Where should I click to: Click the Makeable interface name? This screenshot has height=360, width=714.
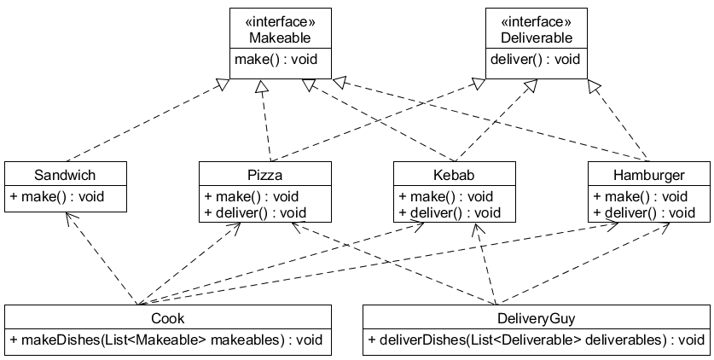pyautogui.click(x=280, y=38)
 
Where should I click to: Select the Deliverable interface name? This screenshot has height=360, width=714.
pyautogui.click(x=536, y=38)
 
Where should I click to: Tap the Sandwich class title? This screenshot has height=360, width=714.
pyautogui.click(x=65, y=175)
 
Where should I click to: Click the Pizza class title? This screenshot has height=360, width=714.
pyautogui.click(x=264, y=175)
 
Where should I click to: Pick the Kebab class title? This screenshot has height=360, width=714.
pyautogui.click(x=455, y=175)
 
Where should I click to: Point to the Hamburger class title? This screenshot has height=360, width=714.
pyautogui.click(x=648, y=175)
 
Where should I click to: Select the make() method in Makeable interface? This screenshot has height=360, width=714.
pyautogui.click(x=280, y=60)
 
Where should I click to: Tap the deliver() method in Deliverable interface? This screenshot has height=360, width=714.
pyautogui.click(x=536, y=60)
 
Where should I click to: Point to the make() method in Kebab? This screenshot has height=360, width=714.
pyautogui.click(x=445, y=197)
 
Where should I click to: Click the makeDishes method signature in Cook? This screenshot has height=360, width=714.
pyautogui.click(x=167, y=340)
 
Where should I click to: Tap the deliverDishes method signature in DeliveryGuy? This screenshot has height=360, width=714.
pyautogui.click(x=536, y=340)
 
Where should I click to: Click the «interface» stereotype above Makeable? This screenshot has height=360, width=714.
pyautogui.click(x=280, y=22)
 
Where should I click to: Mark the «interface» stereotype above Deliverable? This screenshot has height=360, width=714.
pyautogui.click(x=536, y=22)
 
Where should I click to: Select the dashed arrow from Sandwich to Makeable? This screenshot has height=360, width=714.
pyautogui.click(x=145, y=119)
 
